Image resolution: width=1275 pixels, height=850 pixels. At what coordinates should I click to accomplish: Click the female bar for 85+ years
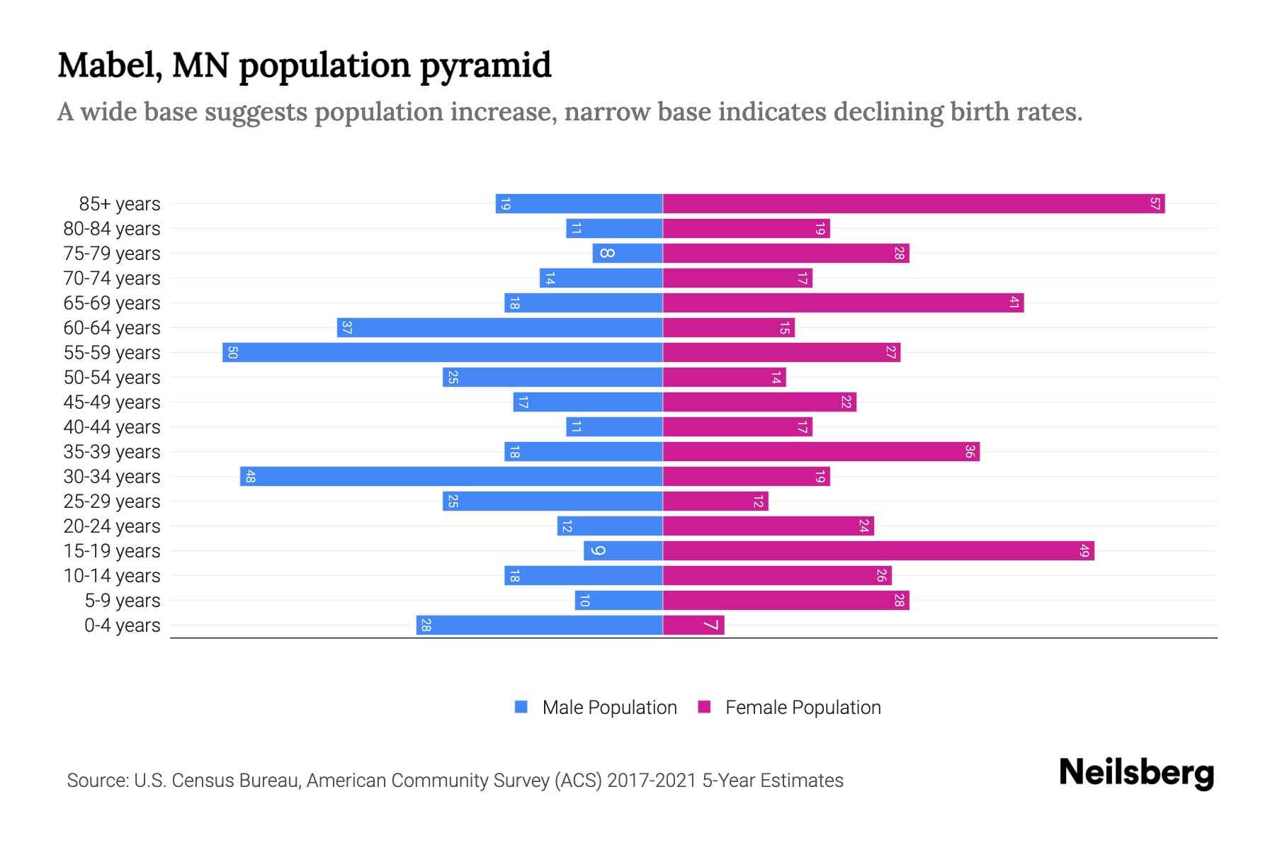pyautogui.click(x=914, y=204)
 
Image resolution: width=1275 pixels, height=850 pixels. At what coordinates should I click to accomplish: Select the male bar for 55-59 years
pyautogui.click(x=443, y=353)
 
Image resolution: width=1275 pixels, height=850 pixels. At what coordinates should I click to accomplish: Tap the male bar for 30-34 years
pyautogui.click(x=451, y=477)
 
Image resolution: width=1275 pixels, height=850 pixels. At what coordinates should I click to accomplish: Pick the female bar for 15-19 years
pyautogui.click(x=878, y=551)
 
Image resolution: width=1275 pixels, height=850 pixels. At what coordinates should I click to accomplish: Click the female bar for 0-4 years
pyautogui.click(x=693, y=625)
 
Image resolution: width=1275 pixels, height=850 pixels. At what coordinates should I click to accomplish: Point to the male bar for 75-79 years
pyautogui.click(x=628, y=254)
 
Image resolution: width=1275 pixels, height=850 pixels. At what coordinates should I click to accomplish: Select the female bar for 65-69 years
pyautogui.click(x=843, y=303)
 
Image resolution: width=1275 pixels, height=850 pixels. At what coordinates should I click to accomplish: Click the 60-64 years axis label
pyautogui.click(x=112, y=328)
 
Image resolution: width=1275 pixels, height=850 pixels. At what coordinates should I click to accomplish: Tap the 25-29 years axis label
pyautogui.click(x=112, y=501)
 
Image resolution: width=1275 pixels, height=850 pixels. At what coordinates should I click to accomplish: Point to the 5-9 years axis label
pyautogui.click(x=123, y=601)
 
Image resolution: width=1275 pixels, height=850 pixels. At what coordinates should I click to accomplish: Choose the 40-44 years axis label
pyautogui.click(x=112, y=427)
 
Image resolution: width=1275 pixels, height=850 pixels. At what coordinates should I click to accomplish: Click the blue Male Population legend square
pyautogui.click(x=521, y=707)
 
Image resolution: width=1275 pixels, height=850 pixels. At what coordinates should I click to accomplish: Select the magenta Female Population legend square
pyautogui.click(x=704, y=707)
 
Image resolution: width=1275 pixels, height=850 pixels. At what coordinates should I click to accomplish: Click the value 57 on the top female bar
pyautogui.click(x=1155, y=204)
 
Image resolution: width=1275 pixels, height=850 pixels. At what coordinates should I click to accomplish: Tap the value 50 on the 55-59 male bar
pyautogui.click(x=232, y=353)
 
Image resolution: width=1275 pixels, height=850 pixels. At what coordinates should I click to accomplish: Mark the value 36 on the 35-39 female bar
pyautogui.click(x=970, y=452)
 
